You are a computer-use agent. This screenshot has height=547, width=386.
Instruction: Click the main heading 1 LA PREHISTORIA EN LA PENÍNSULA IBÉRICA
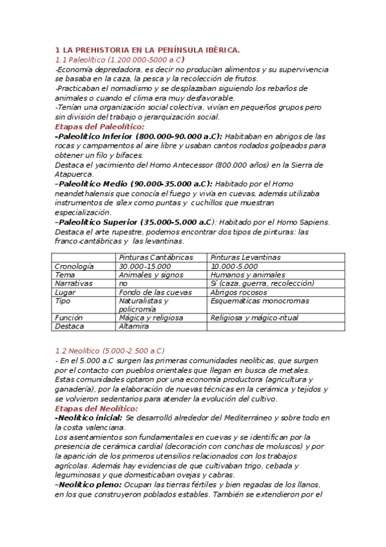[x=147, y=50]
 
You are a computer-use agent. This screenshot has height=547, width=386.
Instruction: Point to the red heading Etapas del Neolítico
[x=97, y=408]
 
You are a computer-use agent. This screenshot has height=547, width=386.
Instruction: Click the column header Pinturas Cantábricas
[x=156, y=257]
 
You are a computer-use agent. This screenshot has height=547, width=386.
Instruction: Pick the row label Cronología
[x=74, y=266]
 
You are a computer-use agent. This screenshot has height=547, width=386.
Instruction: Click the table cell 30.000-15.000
[x=145, y=266]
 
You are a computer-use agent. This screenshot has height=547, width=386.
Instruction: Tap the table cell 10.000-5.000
[x=234, y=266]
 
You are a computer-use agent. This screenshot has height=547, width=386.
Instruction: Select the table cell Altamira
[x=134, y=326]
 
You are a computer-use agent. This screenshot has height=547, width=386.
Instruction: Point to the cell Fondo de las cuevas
[x=155, y=292]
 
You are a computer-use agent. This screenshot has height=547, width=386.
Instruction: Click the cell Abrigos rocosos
[x=239, y=292]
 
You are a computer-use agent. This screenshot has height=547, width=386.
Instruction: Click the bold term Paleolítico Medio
[x=90, y=184]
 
